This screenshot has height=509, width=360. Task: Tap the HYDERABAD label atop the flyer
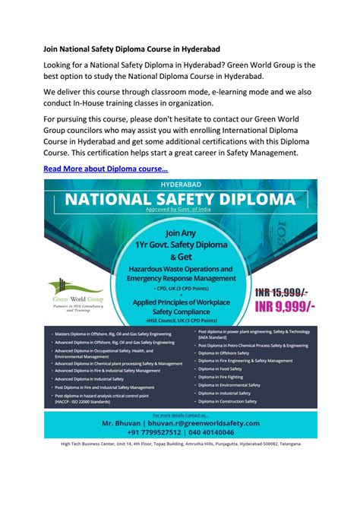(180, 185)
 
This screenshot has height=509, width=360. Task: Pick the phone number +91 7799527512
(149, 433)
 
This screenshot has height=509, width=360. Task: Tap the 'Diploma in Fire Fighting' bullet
(223, 376)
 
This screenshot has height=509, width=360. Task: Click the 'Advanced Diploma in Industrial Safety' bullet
(90, 378)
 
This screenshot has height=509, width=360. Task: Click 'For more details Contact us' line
(180, 415)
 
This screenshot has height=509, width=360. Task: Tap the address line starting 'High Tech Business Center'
(180, 444)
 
